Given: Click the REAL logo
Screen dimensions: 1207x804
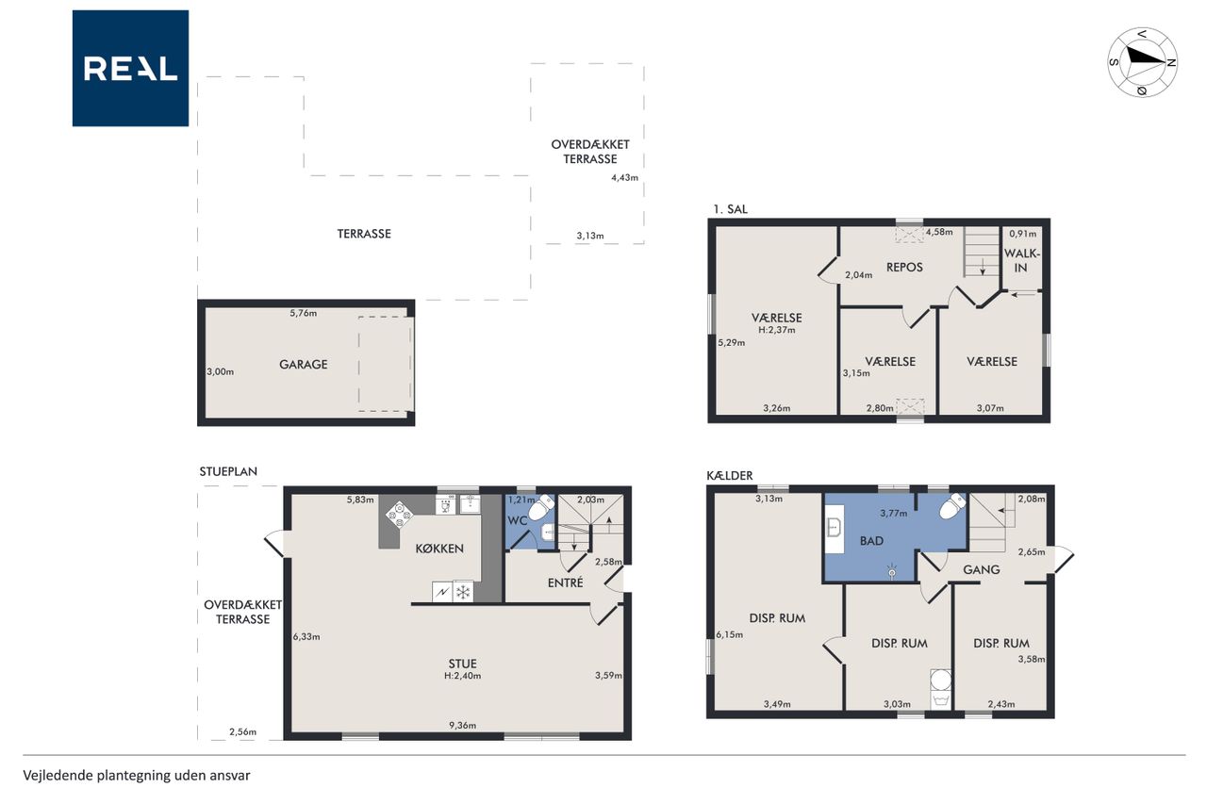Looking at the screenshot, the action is click(x=130, y=69).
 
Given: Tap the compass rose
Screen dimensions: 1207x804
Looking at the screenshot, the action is click(x=1142, y=62).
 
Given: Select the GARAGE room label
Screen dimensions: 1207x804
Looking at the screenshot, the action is click(x=304, y=365).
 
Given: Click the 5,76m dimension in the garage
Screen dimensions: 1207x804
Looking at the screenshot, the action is click(x=304, y=313).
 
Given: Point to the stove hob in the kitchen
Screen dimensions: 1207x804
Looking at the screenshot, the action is click(x=399, y=515).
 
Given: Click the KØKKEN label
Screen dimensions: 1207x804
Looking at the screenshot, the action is click(x=439, y=549).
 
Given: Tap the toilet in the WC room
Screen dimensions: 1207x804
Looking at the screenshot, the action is click(x=541, y=506).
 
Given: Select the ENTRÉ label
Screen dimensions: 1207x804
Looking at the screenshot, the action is click(x=565, y=582).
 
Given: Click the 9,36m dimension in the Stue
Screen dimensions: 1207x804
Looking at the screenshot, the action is click(x=462, y=726).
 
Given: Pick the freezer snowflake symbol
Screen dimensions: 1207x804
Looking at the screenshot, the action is click(x=463, y=592).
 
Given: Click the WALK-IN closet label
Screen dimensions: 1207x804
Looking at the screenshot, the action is click(x=1021, y=260).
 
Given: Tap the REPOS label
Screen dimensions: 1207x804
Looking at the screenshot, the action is click(x=904, y=267).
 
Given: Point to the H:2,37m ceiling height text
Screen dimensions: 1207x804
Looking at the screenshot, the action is click(x=776, y=330).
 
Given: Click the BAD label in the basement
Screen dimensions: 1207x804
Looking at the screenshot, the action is click(x=871, y=541).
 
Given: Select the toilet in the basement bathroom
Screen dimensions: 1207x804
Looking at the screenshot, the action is click(x=952, y=505).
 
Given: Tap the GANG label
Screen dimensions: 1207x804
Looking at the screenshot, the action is click(x=982, y=569).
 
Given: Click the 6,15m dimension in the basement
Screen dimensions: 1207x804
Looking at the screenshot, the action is click(x=730, y=635).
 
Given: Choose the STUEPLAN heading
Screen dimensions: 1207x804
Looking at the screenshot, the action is click(x=228, y=471).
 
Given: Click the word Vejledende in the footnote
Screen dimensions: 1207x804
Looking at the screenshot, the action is click(x=58, y=776).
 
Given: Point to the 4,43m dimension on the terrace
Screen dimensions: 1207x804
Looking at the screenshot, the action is click(x=624, y=178).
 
